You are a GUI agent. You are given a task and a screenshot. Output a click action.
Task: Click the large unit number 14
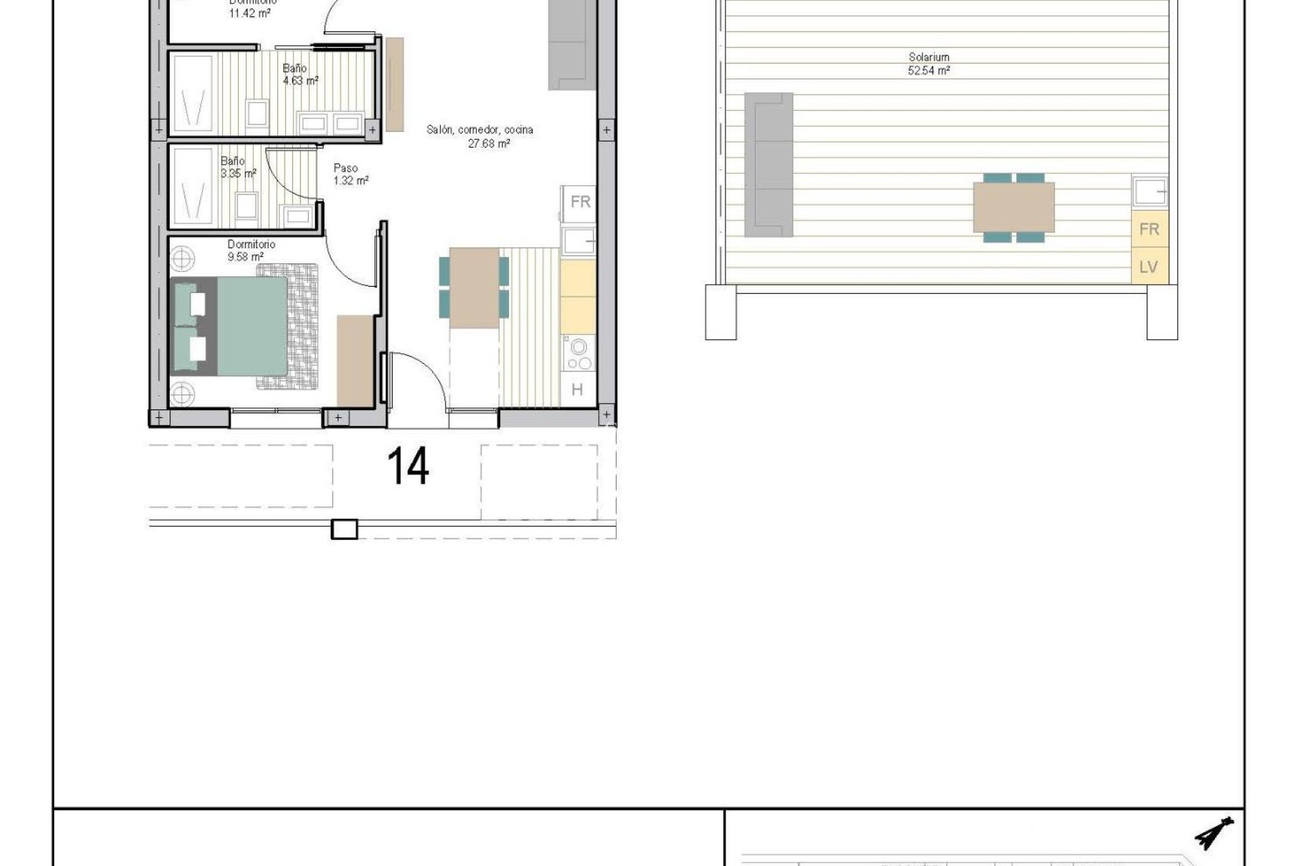pyautogui.click(x=408, y=467)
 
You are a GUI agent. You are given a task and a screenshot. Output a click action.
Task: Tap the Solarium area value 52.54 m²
pyautogui.click(x=929, y=70)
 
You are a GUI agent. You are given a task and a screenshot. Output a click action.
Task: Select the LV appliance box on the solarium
pyautogui.click(x=1149, y=267)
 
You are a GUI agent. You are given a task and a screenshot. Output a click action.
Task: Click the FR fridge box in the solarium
pyautogui.click(x=1149, y=229)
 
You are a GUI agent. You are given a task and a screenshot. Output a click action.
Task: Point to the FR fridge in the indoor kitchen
pyautogui.click(x=579, y=202)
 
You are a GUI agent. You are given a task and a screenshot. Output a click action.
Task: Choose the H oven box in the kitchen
pyautogui.click(x=577, y=390)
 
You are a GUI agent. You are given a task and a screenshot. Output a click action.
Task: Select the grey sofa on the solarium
pyautogui.click(x=768, y=165)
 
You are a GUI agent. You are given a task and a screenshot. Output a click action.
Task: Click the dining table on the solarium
pyautogui.click(x=1013, y=207)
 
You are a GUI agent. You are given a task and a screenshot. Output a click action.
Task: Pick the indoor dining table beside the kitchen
pyautogui.click(x=474, y=288)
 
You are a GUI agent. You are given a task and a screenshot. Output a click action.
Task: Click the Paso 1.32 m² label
pyautogui.click(x=350, y=175)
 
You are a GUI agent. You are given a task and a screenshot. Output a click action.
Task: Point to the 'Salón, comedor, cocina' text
pyautogui.click(x=479, y=130)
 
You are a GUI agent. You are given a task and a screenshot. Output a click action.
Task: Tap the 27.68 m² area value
pyautogui.click(x=488, y=143)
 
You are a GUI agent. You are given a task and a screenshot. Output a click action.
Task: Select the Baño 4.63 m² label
pyautogui.click(x=299, y=74)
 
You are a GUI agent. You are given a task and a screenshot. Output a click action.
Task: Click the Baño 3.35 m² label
pyautogui.click(x=237, y=167)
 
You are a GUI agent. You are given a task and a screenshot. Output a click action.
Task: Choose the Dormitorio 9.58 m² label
pyautogui.click(x=250, y=250)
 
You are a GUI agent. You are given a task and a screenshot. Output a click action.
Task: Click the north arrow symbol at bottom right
pyautogui.click(x=1214, y=834)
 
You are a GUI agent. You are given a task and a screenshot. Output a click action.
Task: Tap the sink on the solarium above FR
pyautogui.click(x=1149, y=191)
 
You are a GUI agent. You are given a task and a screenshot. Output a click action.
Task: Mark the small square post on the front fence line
pyautogui.click(x=344, y=529)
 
